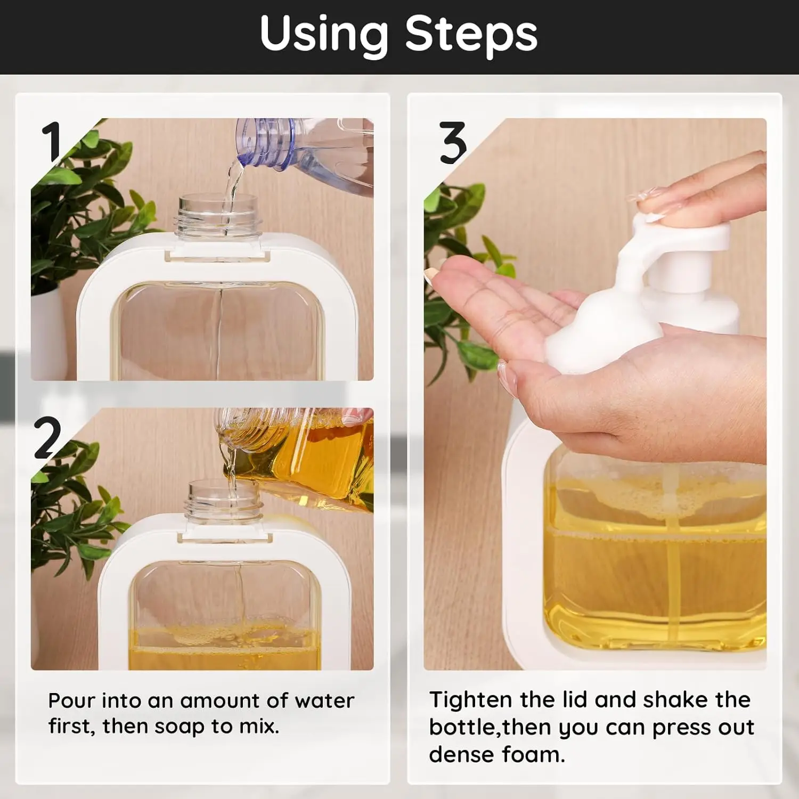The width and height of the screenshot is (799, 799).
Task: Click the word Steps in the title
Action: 471,33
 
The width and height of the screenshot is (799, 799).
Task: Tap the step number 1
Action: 52,141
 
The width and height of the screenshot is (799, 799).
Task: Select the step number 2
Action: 47,437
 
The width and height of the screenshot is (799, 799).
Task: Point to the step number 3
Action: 453,142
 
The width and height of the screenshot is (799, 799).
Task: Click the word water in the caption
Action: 324,701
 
